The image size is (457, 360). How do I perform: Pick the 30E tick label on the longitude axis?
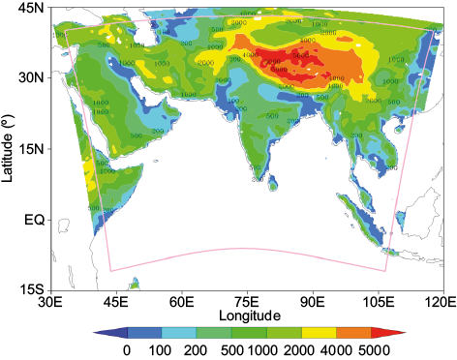tap(49, 303)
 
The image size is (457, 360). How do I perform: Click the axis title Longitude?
tap(249, 315)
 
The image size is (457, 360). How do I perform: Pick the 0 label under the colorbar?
tap(126, 350)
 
